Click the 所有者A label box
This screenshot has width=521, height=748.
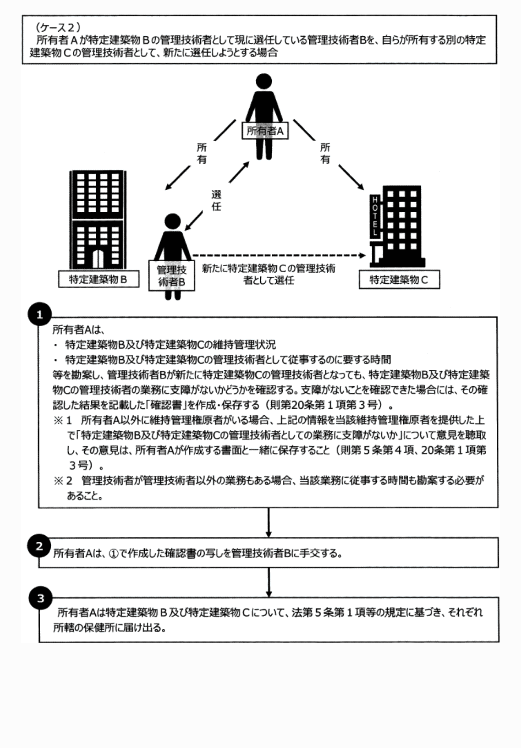pos(265,131)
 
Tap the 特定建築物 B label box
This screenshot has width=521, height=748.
pos(98,279)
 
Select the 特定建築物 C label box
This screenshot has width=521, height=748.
pos(399,280)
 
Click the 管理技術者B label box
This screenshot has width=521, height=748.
pos(172,276)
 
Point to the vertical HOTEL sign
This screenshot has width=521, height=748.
pos(375,216)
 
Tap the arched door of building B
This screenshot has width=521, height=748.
pos(98,259)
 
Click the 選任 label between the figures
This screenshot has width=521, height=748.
pos(216,200)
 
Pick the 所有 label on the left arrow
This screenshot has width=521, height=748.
pos(202,153)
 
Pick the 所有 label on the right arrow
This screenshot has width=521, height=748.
pos(325,153)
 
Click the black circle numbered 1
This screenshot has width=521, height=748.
pos(40,315)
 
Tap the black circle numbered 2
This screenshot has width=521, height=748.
pos(40,546)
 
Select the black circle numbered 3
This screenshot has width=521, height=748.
pos(41,598)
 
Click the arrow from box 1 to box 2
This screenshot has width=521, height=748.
pos(269,522)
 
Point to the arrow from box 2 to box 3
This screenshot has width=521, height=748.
pos(269,582)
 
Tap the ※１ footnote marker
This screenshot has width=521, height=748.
pos(63,420)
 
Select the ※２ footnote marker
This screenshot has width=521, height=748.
pos(63,480)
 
